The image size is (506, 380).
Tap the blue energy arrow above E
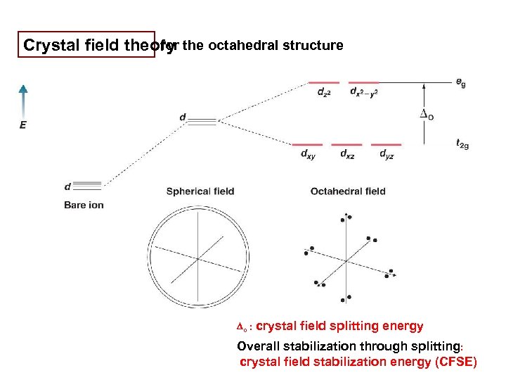pos(22,99)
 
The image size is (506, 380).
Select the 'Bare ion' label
pos(84,205)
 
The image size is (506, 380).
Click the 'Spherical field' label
pos(200,191)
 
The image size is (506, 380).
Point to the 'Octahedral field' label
pos(348,191)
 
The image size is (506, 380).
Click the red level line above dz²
pos(324,82)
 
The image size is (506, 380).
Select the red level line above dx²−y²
pos(364,82)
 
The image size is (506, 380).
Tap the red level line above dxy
pos(307,144)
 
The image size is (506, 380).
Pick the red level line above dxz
pos(346,144)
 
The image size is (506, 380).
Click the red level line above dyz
pos(386,144)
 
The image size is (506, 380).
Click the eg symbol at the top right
pos(460,83)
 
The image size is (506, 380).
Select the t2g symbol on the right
pos(462,144)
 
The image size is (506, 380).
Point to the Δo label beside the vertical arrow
pos(425,114)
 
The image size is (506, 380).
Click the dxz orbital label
pos(346,155)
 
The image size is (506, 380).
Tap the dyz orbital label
pos(387,155)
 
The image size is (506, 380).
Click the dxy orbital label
pos(307,155)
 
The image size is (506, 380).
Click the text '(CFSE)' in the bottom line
pos(455,362)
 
